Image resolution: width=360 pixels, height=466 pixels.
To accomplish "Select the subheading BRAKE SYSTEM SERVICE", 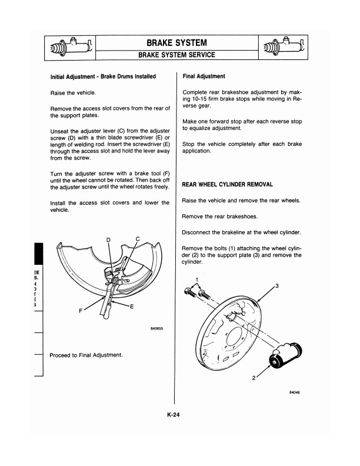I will coord(176,55).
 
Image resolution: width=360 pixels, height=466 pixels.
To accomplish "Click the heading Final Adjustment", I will coord(204,76).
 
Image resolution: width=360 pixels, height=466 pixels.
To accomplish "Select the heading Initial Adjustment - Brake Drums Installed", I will coord(103,76).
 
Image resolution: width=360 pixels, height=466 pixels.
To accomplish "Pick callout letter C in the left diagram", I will coord(138,238).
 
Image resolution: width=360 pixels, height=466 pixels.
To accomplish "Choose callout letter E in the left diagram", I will coord(132,307).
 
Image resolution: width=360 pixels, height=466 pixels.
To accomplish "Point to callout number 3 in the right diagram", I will coord(276,286).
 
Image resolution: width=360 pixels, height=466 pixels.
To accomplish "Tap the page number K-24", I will coord(174,415).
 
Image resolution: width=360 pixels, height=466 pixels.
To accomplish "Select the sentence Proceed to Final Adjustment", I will coord(86,355).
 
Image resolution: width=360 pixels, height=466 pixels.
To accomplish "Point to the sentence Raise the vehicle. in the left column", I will coord(73,93).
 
